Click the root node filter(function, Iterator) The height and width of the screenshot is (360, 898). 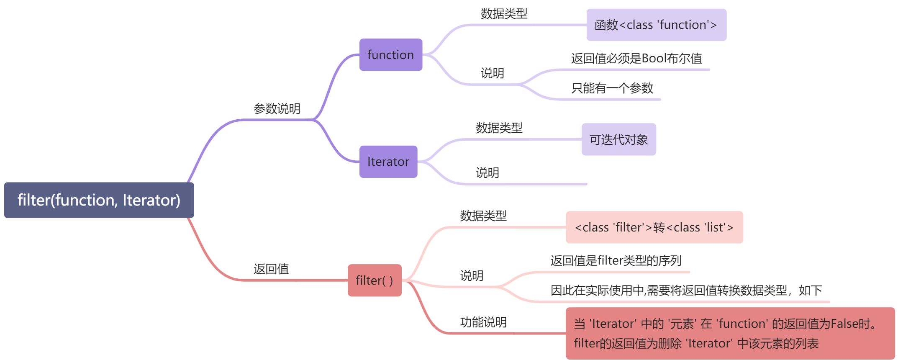tap(99, 200)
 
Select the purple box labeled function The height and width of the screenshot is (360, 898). tap(390, 55)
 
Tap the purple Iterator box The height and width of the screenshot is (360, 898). tap(388, 162)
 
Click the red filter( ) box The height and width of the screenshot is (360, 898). tap(374, 280)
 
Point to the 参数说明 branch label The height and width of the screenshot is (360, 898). tap(277, 109)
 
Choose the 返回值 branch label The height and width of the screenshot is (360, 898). tap(271, 269)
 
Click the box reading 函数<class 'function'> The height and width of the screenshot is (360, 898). tap(656, 25)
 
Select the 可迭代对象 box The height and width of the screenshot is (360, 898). tap(618, 139)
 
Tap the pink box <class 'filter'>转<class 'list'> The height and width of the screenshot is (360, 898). tap(654, 227)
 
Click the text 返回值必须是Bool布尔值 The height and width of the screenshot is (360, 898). tap(636, 59)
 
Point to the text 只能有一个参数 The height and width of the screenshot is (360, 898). tap(612, 88)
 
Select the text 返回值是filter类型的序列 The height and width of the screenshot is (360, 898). tap(616, 261)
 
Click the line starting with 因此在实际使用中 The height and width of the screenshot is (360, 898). tap(686, 291)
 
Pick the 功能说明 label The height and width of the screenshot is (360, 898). tap(483, 322)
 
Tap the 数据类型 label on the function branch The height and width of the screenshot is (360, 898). tap(504, 14)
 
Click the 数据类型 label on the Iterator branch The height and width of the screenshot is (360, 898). tap(499, 128)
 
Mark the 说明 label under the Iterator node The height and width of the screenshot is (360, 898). tap(487, 172)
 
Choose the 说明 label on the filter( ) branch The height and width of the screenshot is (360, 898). tap(472, 275)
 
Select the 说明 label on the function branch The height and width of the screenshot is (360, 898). tap(492, 73)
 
